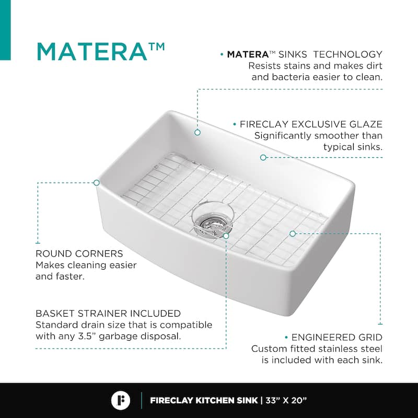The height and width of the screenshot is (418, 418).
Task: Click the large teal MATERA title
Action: (92, 51)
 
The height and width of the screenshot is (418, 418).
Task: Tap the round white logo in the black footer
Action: (121, 400)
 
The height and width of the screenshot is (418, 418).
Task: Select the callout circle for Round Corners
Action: (97, 182)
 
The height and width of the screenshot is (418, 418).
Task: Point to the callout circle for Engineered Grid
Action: (293, 234)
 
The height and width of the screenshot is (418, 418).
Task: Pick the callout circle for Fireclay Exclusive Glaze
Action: (263, 157)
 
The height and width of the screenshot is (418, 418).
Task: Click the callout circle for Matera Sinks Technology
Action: (198, 132)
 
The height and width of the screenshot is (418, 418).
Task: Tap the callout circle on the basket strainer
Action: (226, 236)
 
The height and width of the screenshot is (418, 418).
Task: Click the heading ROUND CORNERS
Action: (79, 253)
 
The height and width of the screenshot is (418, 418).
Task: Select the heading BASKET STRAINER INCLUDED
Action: (108, 313)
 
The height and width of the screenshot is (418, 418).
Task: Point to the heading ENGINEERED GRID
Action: (337, 337)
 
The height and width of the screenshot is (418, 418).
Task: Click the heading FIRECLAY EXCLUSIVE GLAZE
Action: (311, 124)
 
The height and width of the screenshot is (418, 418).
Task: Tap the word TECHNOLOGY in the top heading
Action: (347, 54)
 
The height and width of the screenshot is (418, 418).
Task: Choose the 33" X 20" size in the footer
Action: (286, 400)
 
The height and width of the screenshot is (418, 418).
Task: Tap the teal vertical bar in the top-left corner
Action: (5, 30)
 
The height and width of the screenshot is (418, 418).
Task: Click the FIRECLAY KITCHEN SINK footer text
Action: (204, 400)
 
